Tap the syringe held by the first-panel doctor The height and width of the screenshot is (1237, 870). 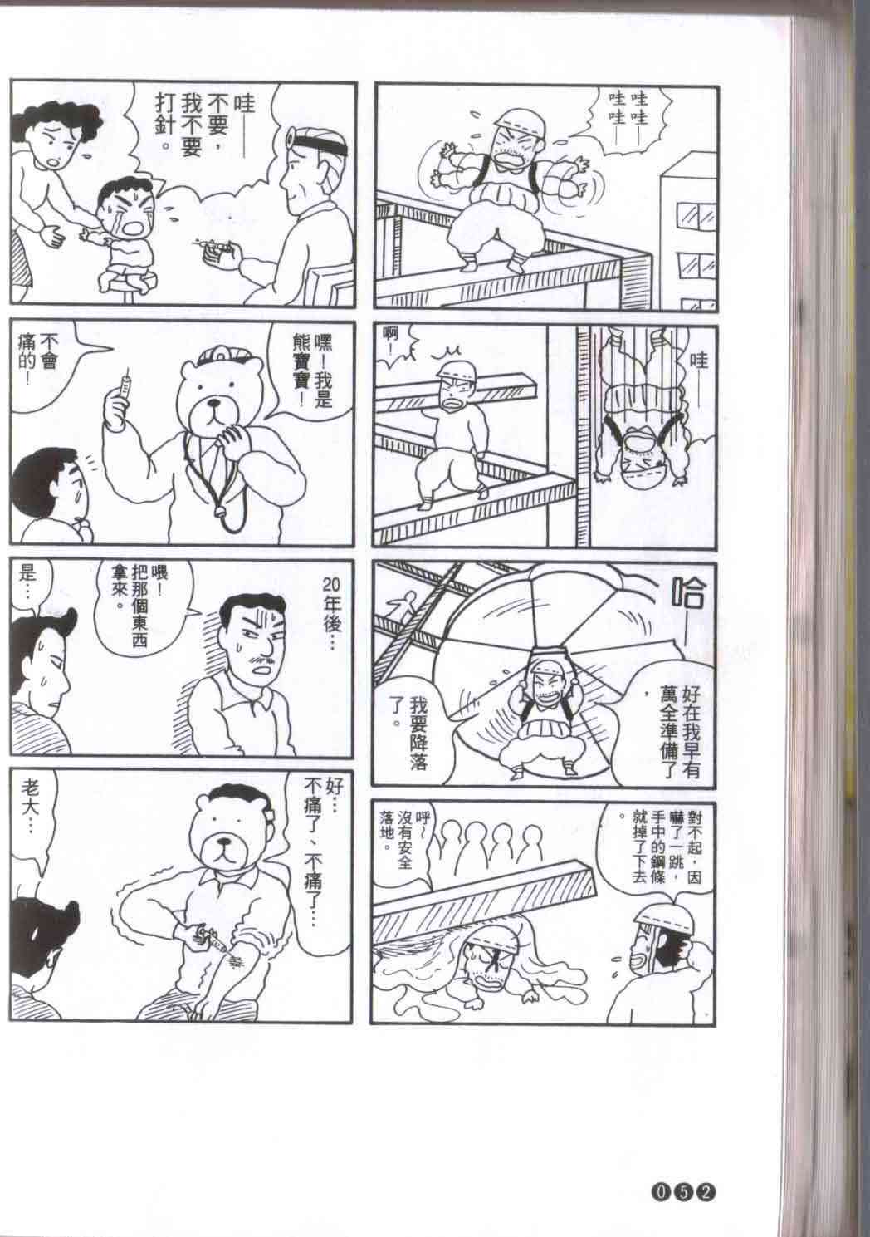[x=214, y=246]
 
